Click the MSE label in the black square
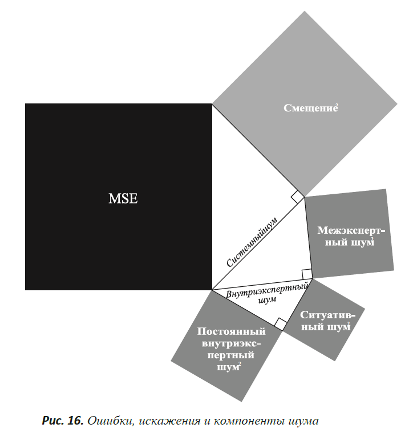(123, 198)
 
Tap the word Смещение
(310, 108)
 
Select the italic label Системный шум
(252, 242)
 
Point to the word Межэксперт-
(351, 230)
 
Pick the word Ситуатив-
(327, 315)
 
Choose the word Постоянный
(231, 331)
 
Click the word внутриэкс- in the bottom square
(231, 343)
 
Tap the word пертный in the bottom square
(230, 355)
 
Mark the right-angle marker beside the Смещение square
(298, 197)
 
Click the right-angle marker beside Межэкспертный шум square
(307, 274)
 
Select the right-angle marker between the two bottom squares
(281, 325)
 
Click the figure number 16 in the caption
(75, 421)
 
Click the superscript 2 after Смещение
(337, 105)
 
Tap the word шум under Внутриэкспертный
(267, 300)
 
